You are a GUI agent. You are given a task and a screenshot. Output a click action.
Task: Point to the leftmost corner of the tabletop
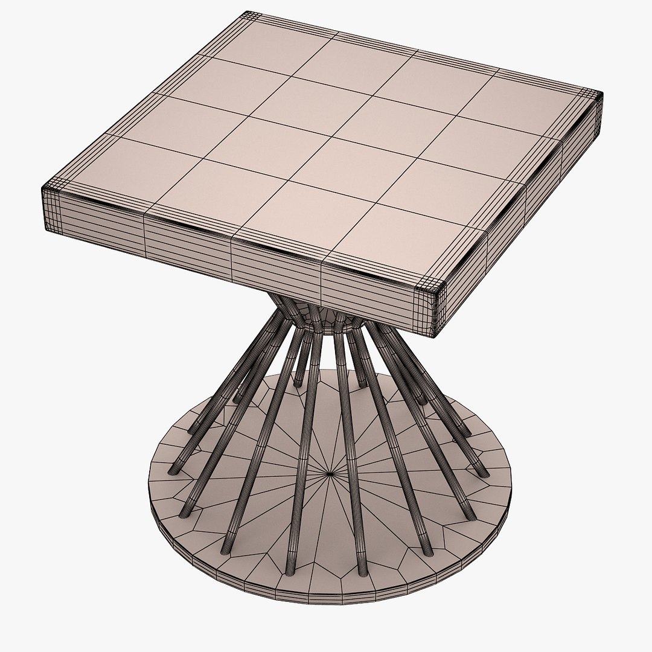[x=43, y=187]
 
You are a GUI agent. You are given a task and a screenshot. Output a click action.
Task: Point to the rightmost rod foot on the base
[x=480, y=471]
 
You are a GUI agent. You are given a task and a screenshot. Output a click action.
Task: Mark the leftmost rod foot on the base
[x=176, y=467]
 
